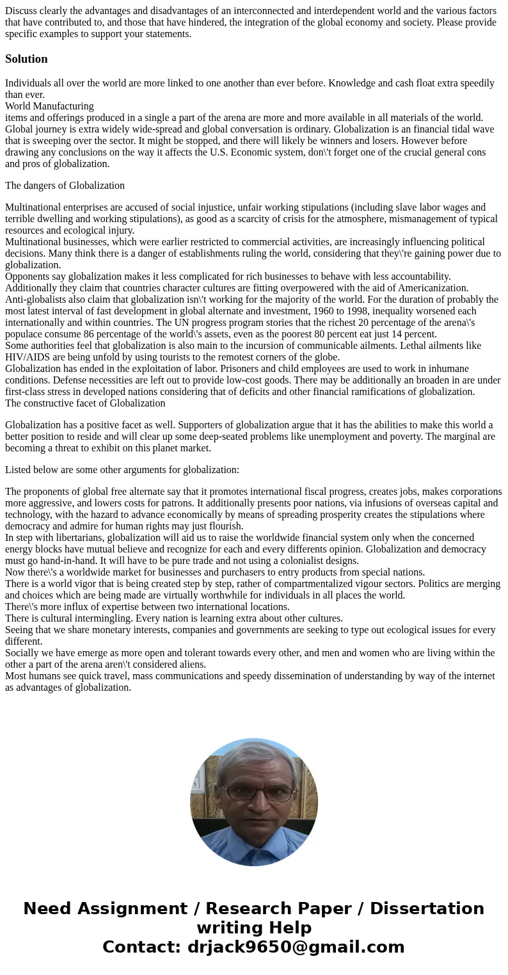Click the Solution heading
[26, 59]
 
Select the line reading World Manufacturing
[49, 106]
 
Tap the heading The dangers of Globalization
[65, 186]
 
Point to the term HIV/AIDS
[28, 357]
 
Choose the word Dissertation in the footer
[427, 909]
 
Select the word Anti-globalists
[36, 300]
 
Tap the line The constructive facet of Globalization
[85, 403]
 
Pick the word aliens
[190, 665]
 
